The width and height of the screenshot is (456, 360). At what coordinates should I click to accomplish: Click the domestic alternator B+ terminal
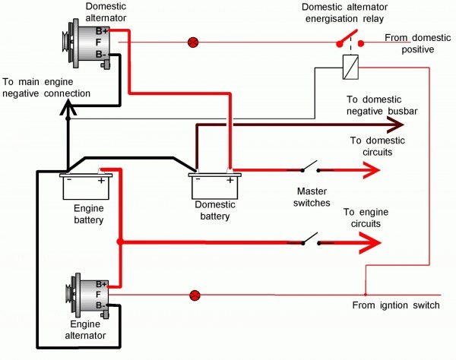(x=100, y=31)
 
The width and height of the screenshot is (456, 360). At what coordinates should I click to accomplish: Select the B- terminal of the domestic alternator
(x=100, y=54)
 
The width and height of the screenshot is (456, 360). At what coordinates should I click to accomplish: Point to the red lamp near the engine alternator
(x=194, y=294)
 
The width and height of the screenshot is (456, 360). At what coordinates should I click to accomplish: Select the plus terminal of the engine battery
(x=102, y=180)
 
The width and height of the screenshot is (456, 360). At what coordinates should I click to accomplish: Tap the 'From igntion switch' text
(x=395, y=305)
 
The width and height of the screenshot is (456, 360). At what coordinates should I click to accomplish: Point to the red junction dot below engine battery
(x=119, y=243)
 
